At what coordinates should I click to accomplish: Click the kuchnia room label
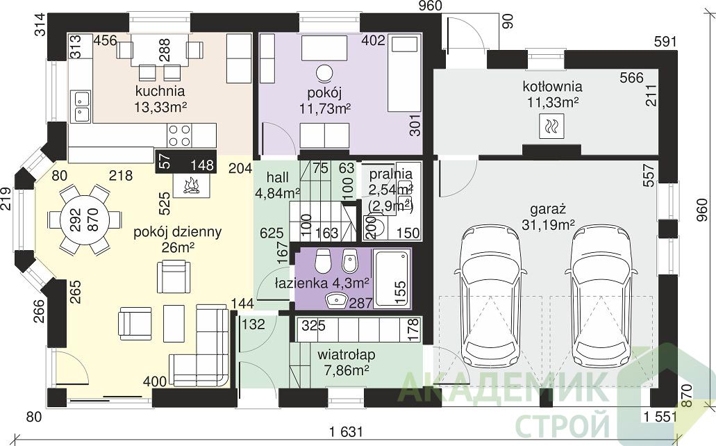(160, 91)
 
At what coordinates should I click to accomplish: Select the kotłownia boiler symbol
(551, 126)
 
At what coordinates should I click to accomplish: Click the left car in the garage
(491, 296)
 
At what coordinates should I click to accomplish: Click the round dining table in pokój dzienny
(85, 220)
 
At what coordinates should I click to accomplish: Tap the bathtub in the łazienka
(392, 279)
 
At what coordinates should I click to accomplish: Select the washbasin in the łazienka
(337, 300)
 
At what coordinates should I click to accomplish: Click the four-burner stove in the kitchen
(179, 135)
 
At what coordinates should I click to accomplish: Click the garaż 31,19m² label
(548, 217)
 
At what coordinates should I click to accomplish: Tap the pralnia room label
(391, 174)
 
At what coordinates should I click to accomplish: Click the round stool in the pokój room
(325, 73)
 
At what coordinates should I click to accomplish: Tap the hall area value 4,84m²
(277, 193)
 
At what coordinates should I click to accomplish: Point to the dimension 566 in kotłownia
(631, 78)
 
